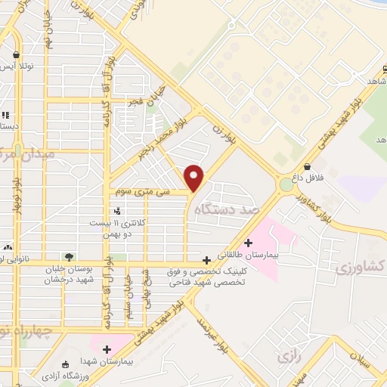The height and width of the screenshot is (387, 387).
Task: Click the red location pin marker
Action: tap(194, 178)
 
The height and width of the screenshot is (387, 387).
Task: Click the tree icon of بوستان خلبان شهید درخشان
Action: tap(69, 256)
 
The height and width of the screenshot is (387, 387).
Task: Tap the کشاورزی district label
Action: tap(358, 267)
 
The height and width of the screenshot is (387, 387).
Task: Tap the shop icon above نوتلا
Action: tap(16, 54)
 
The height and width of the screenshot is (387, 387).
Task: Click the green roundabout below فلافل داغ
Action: tap(286, 184)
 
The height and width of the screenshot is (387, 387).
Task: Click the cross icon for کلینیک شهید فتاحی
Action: tap(206, 259)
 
